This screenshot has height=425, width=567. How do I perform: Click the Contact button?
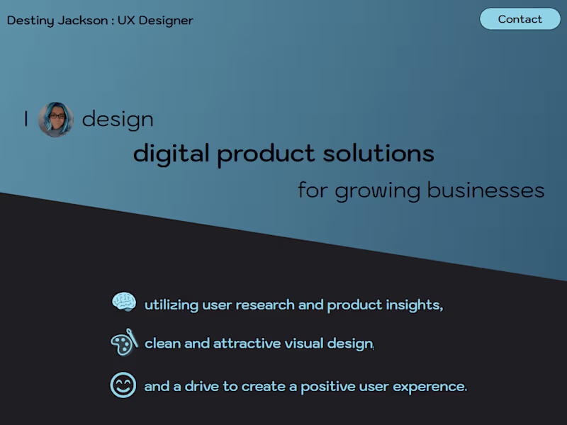coord(520,19)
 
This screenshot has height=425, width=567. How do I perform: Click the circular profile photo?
coord(56,119)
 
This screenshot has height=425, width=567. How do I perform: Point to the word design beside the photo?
coord(118,119)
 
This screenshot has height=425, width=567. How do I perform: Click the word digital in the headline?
coord(172,153)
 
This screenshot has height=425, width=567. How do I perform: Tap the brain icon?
coord(124,302)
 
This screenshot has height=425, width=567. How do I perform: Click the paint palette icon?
coord(123,344)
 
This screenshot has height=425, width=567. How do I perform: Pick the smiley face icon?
coord(123,385)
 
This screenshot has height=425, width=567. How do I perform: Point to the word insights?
coord(414,305)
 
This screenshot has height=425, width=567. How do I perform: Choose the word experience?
coord(430,387)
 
